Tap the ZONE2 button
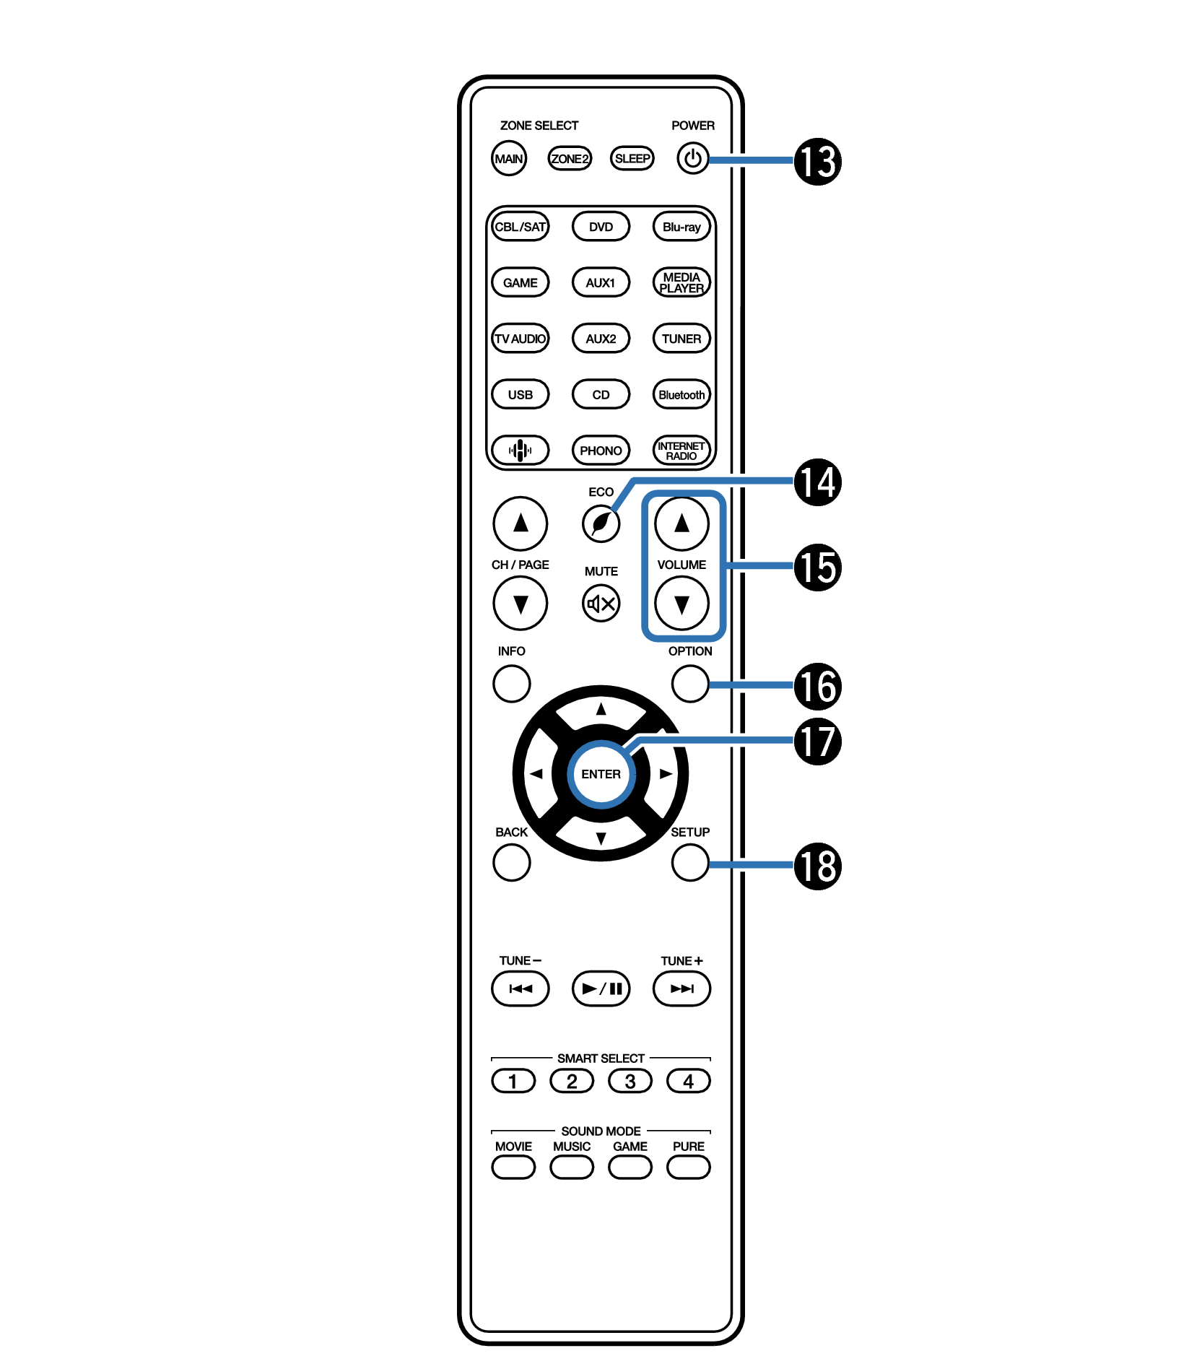570,159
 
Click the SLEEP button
632,159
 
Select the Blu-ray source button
681,227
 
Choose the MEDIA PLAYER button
681,282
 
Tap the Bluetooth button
681,395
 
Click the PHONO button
601,451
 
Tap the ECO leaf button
601,523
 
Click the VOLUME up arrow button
681,523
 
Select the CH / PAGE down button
520,603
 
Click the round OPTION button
689,683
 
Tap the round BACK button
511,862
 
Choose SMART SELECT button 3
630,1081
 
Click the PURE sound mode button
688,1167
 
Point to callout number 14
817,482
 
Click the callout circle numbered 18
817,866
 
